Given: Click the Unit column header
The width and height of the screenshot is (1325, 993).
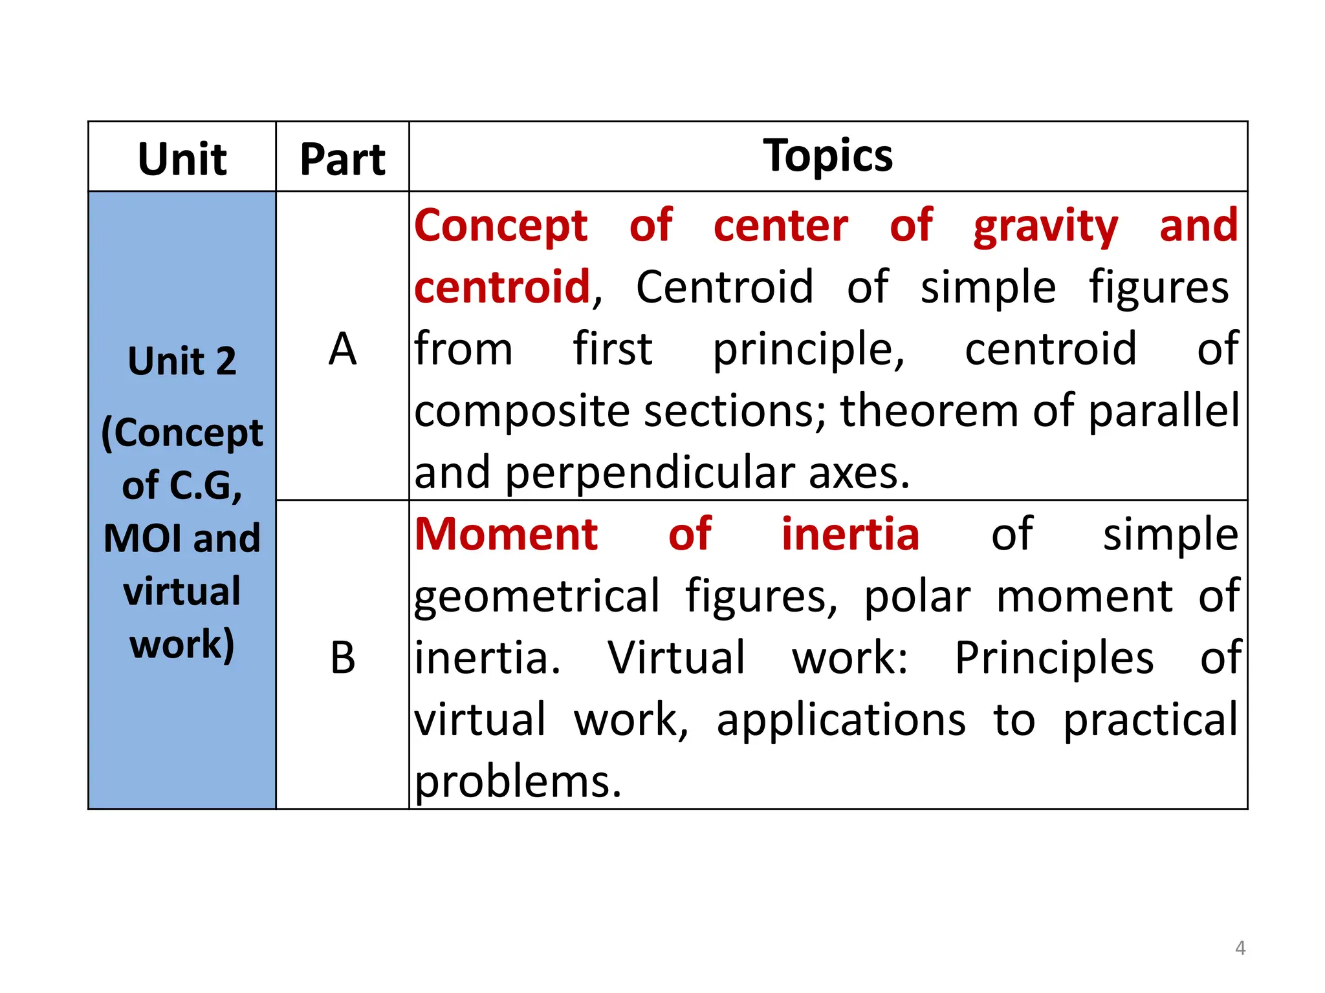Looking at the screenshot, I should pos(182,159).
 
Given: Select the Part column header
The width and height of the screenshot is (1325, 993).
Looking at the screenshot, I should pos(342,159).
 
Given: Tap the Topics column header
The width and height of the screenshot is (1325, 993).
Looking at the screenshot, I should pos(827,156).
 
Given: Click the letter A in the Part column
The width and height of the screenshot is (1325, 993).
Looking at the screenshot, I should pos(342,349).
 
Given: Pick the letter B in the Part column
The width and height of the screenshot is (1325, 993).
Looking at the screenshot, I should pos(342,658).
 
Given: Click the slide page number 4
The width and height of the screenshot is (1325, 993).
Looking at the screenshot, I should pos(1240,948).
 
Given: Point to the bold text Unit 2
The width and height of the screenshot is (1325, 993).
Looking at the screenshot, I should pos(182,361).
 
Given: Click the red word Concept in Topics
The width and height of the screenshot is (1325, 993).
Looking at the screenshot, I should pos(501,226).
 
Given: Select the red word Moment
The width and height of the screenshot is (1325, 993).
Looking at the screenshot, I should pos(507,535).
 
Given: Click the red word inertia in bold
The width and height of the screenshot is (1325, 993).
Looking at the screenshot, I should pos(850,535).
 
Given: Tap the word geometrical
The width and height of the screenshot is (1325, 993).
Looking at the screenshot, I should pos(537,596).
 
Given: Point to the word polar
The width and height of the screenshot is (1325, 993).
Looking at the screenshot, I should pos(917,596).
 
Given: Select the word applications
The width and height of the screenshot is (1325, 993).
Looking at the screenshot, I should pos(841,720).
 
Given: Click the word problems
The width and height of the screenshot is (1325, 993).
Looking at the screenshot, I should pos(518,782).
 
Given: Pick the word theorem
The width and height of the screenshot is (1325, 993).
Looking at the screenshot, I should pos(930,411).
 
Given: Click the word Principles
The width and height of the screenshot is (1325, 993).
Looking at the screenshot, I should pos(1054,659).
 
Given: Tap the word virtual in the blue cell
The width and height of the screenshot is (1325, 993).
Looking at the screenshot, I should pos(182,591).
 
